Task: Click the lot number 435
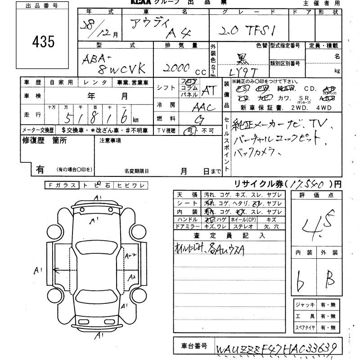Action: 43,42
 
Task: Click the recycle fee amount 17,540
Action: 308,184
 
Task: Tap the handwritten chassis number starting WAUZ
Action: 276,348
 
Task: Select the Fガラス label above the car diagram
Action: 62,184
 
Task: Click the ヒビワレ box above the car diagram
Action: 131,184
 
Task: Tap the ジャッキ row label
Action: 303,305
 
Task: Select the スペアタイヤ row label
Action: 303,328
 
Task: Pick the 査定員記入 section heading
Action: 230,235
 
